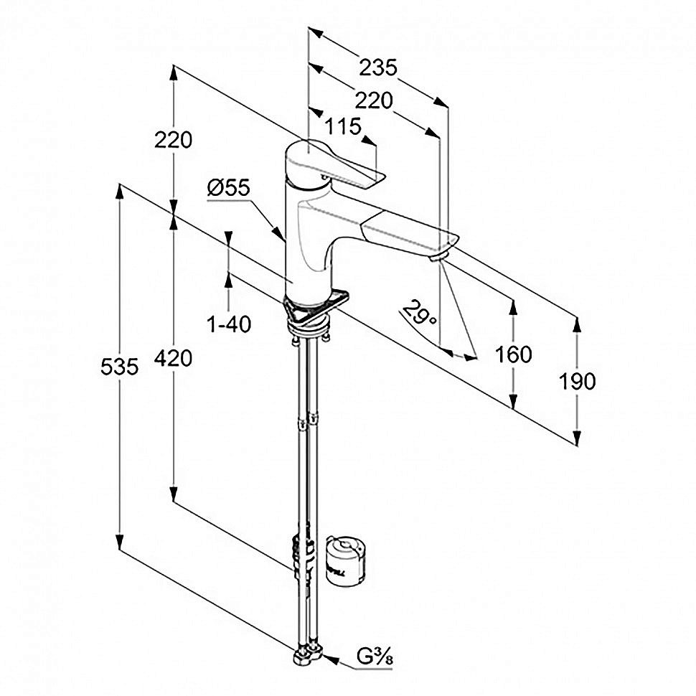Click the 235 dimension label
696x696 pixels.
point(377,68)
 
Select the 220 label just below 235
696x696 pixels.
point(374,101)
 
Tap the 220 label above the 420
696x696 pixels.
point(173,140)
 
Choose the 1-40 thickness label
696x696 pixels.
point(229,324)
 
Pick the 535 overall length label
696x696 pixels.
point(119,367)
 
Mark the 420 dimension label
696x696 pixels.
point(173,357)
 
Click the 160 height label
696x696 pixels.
point(513,354)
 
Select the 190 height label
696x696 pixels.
point(577,382)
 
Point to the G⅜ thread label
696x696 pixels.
point(374,657)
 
